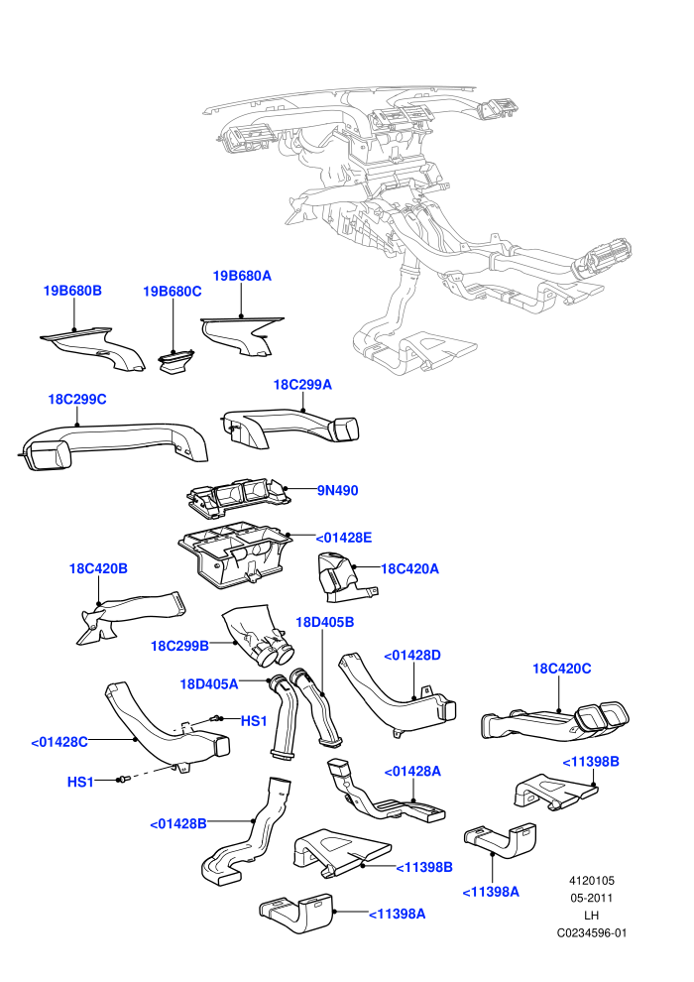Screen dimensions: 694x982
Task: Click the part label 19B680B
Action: (x=72, y=291)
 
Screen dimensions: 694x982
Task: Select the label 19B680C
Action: (x=173, y=292)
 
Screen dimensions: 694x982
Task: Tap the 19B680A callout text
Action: (x=242, y=276)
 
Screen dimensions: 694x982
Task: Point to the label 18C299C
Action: (x=77, y=399)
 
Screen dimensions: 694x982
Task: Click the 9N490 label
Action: (x=338, y=490)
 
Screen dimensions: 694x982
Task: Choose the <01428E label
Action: (x=344, y=538)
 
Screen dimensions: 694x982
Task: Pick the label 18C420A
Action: (x=409, y=568)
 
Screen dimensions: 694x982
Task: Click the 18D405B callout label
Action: (x=325, y=622)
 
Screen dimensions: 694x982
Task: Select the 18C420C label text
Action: (x=561, y=669)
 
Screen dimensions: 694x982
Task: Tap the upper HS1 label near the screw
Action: (x=254, y=721)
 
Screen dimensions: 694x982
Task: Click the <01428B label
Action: (x=178, y=823)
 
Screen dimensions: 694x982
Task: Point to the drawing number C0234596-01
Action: (x=592, y=932)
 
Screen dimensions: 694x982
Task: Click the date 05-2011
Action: (x=591, y=898)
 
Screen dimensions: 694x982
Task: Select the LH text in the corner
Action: (x=591, y=915)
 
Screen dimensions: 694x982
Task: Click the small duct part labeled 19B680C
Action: (x=175, y=363)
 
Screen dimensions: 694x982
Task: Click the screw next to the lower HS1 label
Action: (x=122, y=780)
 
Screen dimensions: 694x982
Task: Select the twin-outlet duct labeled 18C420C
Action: (x=554, y=721)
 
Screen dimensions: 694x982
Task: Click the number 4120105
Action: (x=592, y=880)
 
